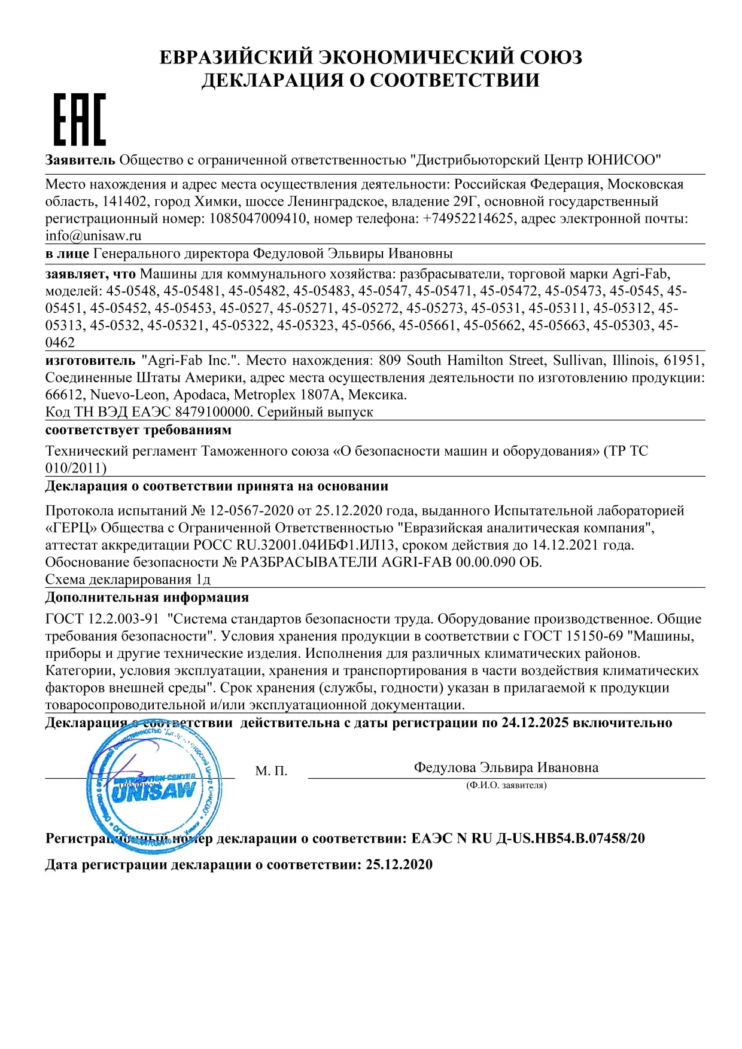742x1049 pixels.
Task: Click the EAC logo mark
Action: tap(80, 120)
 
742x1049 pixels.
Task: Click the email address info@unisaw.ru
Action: tap(93, 236)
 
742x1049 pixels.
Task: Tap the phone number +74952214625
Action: tap(468, 218)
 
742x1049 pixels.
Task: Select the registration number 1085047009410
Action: tap(257, 218)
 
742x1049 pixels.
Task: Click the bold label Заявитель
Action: tap(80, 160)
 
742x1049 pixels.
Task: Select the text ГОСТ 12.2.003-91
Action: tap(102, 619)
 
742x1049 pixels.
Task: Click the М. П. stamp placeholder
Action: tap(271, 771)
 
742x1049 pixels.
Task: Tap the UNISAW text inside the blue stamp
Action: tap(154, 792)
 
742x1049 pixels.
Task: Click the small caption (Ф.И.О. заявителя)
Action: tap(506, 785)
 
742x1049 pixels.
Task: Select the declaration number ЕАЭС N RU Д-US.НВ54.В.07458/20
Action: tap(528, 838)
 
